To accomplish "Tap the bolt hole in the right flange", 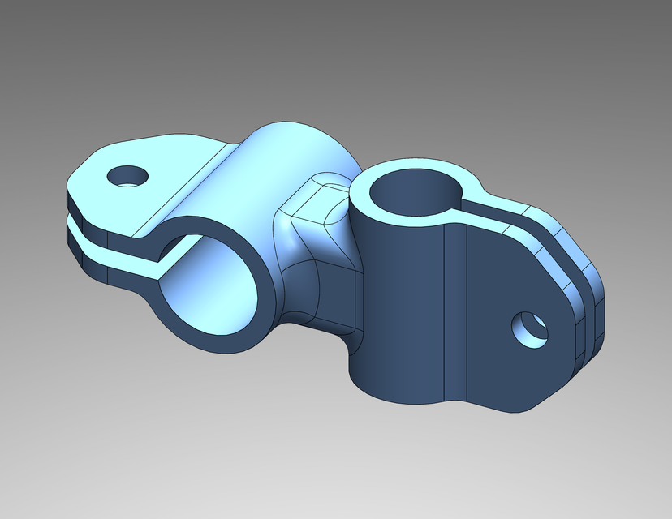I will point(528,329).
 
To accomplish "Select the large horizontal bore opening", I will point(213,288).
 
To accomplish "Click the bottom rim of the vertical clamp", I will point(406,397).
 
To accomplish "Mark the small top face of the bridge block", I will point(321,199).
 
